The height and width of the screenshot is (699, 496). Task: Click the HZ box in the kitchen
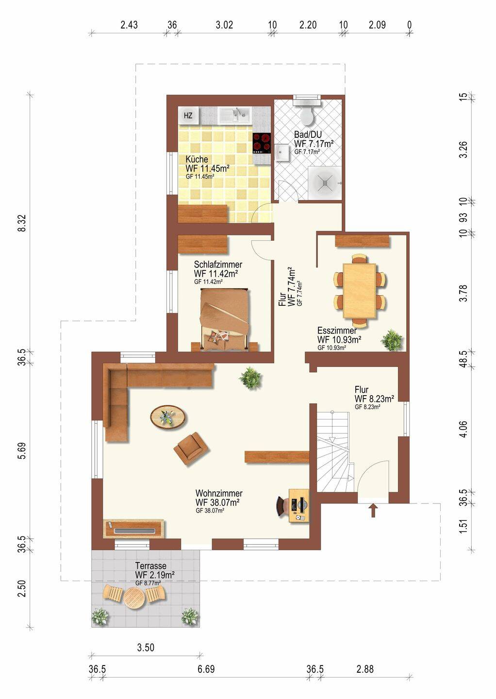[188, 116]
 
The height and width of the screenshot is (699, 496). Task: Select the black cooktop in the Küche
[262, 143]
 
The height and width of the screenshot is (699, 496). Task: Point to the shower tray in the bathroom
[325, 183]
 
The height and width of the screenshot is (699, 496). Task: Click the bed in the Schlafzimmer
[225, 319]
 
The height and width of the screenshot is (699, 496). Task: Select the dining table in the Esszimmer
[359, 290]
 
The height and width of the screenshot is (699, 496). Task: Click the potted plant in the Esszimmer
[392, 340]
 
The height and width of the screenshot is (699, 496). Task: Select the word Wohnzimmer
[219, 493]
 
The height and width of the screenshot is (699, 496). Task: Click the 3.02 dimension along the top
[224, 25]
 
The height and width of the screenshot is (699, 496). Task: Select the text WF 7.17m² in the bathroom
[314, 144]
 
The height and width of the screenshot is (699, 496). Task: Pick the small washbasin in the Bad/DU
[283, 153]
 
